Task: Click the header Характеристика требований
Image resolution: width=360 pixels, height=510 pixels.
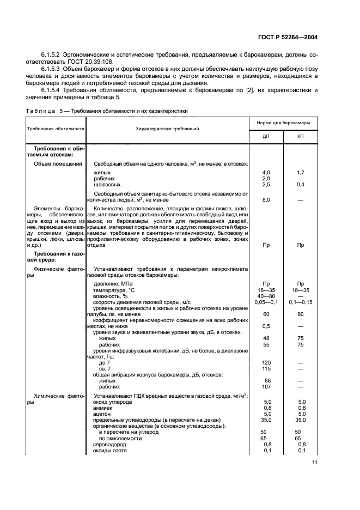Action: (167, 129)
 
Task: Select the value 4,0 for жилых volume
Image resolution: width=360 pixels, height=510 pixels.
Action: (266, 172)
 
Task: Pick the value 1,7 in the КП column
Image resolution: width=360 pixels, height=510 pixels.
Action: (300, 172)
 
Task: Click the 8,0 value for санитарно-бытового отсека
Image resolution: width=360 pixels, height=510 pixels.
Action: (266, 200)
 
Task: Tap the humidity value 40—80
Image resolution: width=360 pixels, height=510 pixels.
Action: (266, 296)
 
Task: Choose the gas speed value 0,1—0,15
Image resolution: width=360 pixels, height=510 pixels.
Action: (300, 302)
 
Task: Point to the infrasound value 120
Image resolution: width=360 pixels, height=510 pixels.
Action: (266, 362)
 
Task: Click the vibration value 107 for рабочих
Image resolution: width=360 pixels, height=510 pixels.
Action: (266, 386)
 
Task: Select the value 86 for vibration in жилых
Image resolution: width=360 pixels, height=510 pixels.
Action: (266, 380)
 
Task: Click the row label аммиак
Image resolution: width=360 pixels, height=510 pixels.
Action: (102, 408)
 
